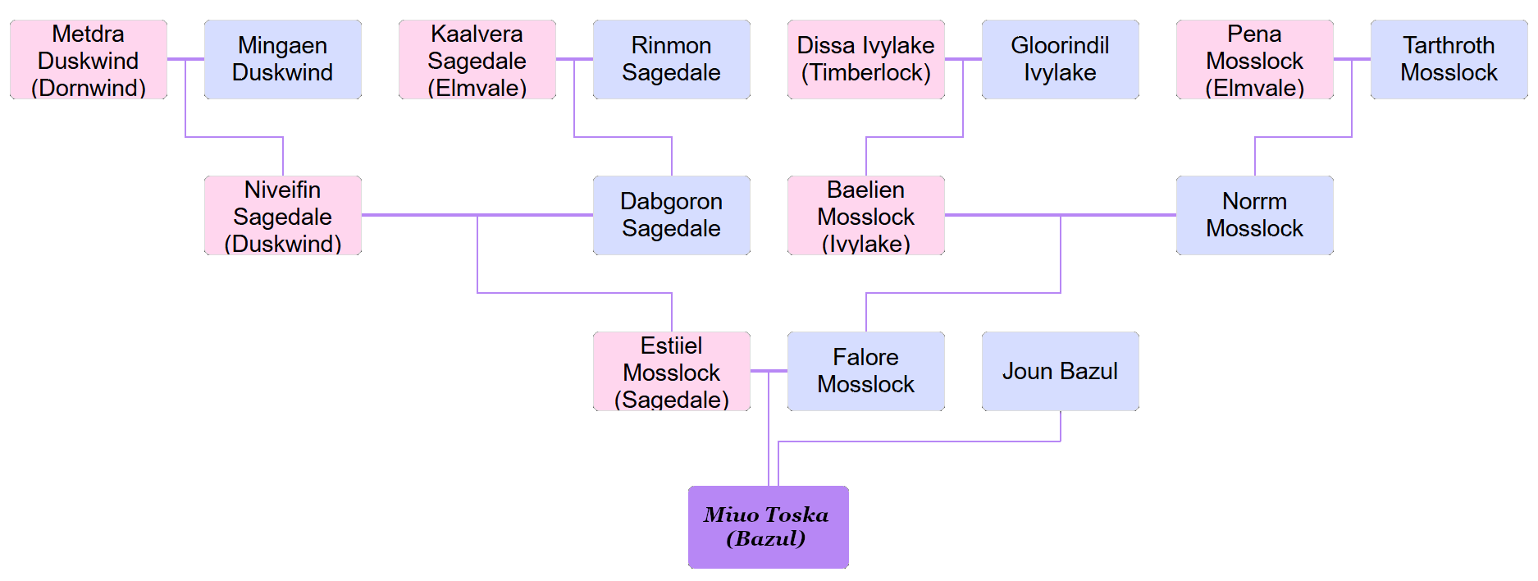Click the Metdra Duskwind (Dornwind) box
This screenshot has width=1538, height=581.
[x=89, y=60]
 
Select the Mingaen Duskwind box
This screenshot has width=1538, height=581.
[x=283, y=60]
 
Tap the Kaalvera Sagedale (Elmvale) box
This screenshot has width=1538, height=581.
[x=477, y=60]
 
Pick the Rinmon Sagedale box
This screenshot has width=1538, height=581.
[x=672, y=60]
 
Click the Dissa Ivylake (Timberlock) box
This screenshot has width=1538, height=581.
[x=866, y=60]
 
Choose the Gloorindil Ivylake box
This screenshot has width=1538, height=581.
[x=1061, y=60]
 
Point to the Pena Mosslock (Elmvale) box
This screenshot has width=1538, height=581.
[x=1255, y=60]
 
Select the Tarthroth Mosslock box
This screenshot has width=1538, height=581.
[x=1449, y=60]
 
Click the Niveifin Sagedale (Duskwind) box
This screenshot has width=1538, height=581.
[x=283, y=216]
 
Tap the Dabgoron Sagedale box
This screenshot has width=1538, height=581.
[x=672, y=216]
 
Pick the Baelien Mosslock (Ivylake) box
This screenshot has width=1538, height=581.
[x=866, y=216]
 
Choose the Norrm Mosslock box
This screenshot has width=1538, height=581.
[x=1255, y=216]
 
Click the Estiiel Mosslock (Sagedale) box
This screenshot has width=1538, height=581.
[x=672, y=372]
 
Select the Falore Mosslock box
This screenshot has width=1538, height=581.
[x=866, y=372]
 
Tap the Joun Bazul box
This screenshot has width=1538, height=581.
[x=1061, y=372]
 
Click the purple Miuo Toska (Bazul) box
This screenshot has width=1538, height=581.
[x=769, y=527]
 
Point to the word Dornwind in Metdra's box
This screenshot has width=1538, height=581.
[x=89, y=88]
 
